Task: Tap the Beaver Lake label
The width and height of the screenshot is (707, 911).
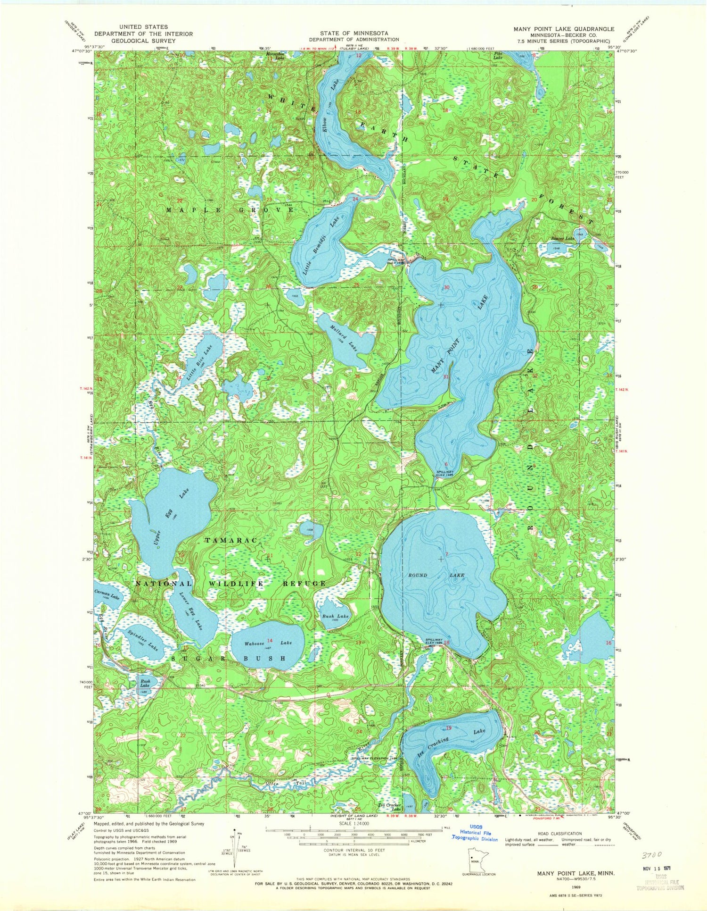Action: point(563,239)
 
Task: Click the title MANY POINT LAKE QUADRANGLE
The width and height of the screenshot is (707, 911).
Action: point(564,29)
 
